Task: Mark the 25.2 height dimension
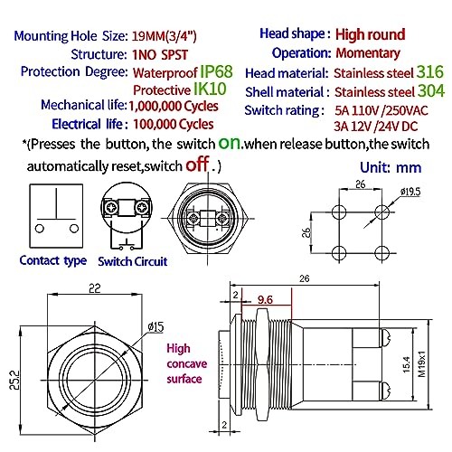pos(14,371)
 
